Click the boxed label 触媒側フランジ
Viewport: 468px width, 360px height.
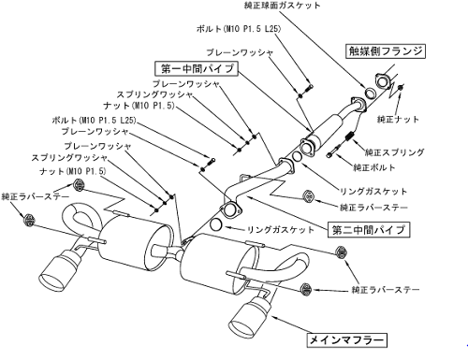pyautogui.click(x=386, y=51)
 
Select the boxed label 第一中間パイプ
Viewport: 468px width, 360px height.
pyautogui.click(x=197, y=68)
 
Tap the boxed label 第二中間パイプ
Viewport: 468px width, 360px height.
pyautogui.click(x=369, y=230)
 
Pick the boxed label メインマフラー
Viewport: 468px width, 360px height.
pyautogui.click(x=346, y=340)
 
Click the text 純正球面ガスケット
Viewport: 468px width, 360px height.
pyautogui.click(x=282, y=6)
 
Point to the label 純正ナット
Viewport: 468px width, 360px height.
pyautogui.click(x=398, y=119)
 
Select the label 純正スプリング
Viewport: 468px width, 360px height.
pyautogui.click(x=394, y=152)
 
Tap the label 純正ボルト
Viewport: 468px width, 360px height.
pyautogui.click(x=373, y=167)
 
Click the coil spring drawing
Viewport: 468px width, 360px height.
pyautogui.click(x=349, y=137)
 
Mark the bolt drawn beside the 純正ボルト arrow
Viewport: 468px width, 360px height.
pyautogui.click(x=332, y=152)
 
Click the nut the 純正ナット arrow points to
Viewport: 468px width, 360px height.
pyautogui.click(x=401, y=88)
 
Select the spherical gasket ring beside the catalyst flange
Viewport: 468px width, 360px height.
pyautogui.click(x=371, y=94)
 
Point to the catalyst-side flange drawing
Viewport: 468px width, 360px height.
pyautogui.click(x=383, y=80)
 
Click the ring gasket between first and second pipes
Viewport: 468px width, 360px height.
pyautogui.click(x=297, y=157)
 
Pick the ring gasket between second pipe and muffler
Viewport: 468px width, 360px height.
pyautogui.click(x=216, y=224)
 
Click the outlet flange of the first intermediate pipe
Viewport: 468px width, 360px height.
pyautogui.click(x=306, y=146)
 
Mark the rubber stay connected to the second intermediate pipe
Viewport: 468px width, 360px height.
pyautogui.click(x=309, y=195)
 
